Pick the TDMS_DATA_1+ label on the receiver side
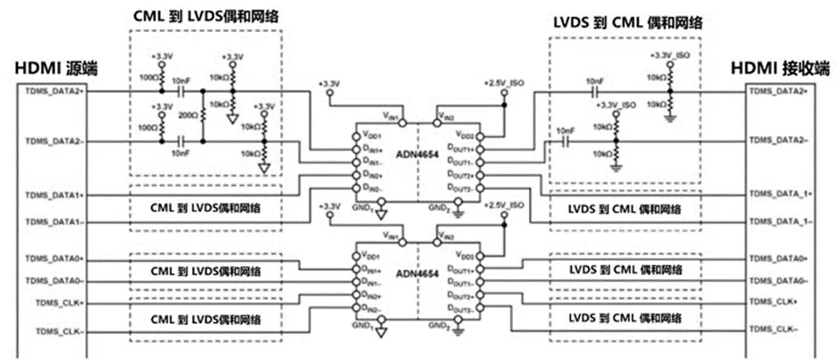[x=781, y=194]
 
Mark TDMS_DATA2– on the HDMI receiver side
[x=778, y=140]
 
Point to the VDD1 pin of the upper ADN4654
[x=367, y=135]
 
